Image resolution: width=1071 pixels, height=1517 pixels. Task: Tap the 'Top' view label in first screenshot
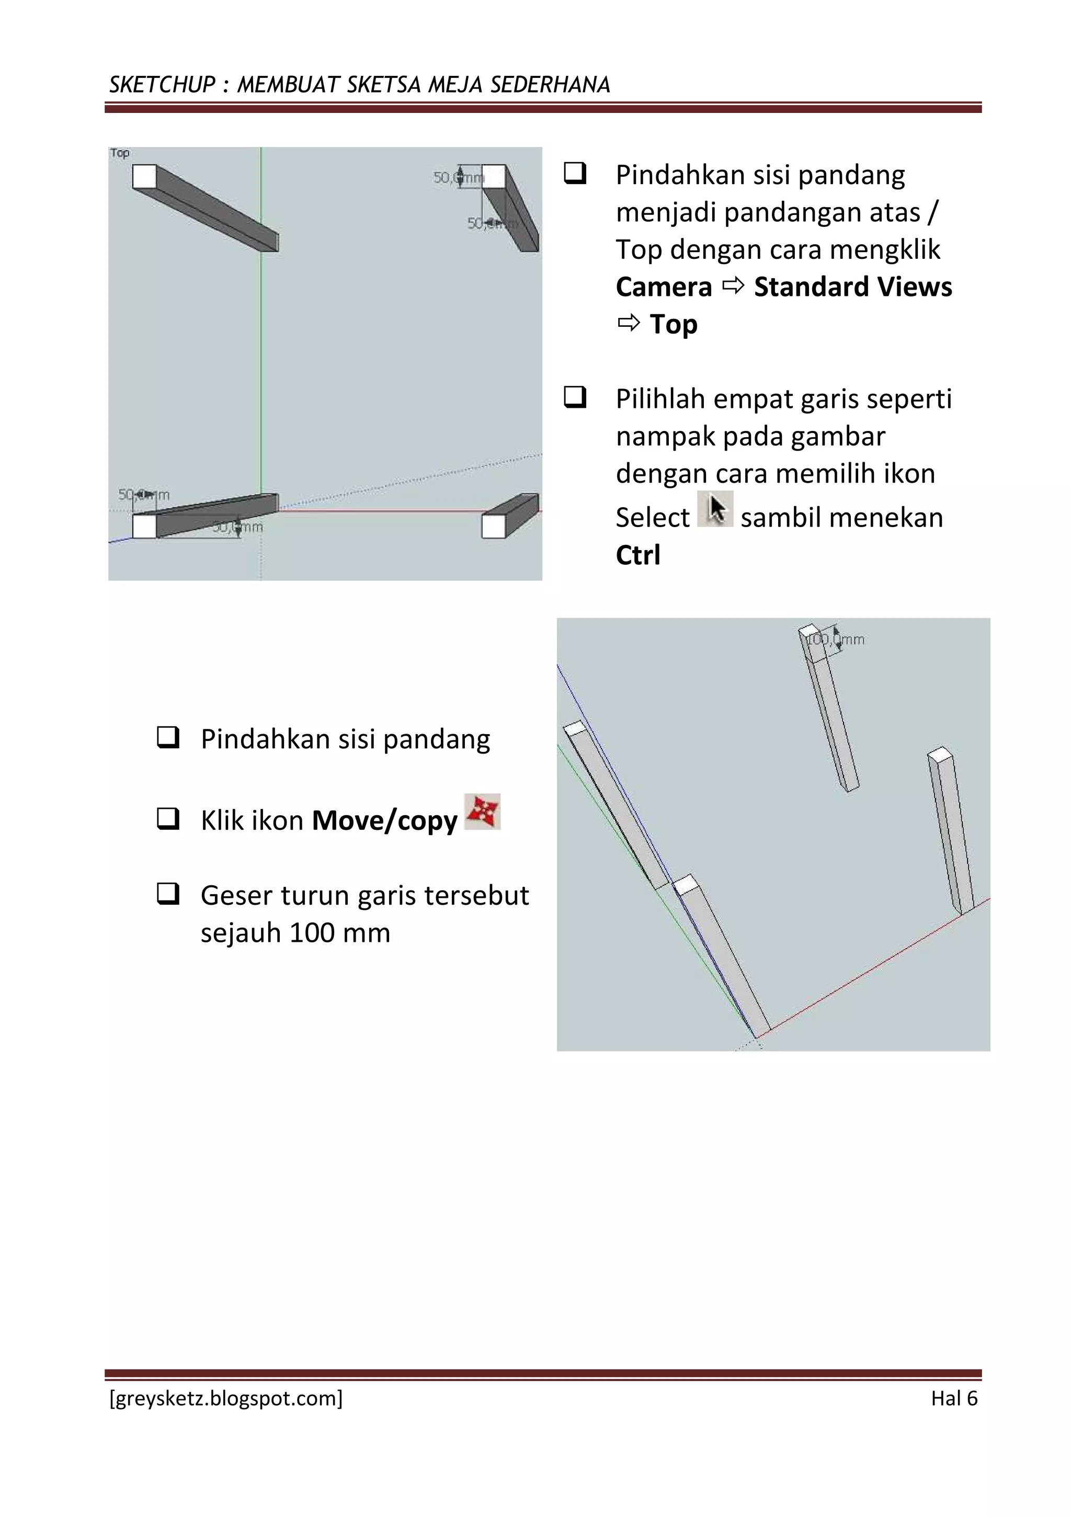click(x=120, y=153)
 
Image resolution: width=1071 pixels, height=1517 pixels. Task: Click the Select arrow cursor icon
click(x=715, y=509)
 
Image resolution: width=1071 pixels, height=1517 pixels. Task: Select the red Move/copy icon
click(x=482, y=812)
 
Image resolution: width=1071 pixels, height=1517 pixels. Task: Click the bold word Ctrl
click(x=637, y=555)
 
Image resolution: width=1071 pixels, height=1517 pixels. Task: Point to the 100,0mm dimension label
click(x=835, y=640)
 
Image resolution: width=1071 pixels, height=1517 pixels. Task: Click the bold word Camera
click(x=663, y=287)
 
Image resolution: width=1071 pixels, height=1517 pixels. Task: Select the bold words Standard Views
click(x=852, y=287)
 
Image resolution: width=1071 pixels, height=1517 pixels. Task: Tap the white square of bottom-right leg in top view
click(x=493, y=527)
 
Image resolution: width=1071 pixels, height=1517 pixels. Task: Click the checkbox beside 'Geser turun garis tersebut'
click(x=168, y=894)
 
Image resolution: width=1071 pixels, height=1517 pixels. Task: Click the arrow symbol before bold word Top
click(x=629, y=324)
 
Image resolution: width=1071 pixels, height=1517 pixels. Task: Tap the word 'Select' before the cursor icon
click(x=652, y=517)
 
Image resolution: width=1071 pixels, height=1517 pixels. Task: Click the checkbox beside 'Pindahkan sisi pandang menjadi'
click(x=575, y=173)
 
